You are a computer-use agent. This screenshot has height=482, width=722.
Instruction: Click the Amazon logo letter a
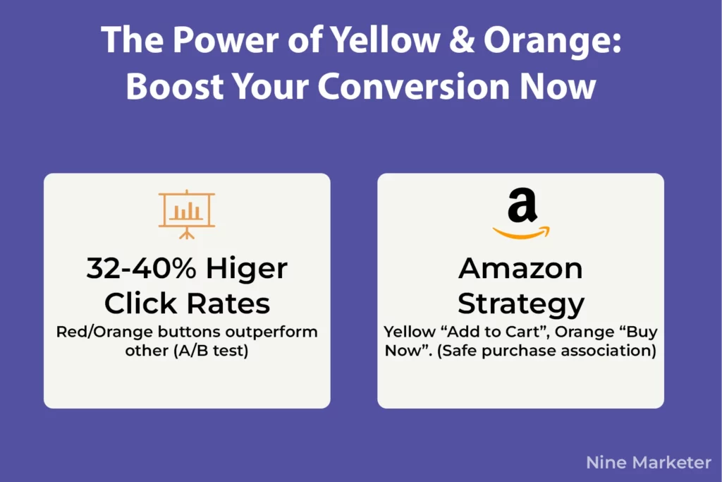pos(522,206)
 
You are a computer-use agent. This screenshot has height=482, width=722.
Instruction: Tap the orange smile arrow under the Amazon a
pos(521,231)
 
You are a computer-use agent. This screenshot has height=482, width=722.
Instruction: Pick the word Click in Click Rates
pos(141,303)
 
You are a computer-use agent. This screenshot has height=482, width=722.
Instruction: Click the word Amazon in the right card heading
pos(520,269)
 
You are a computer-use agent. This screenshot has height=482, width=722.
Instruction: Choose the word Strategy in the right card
pos(520,303)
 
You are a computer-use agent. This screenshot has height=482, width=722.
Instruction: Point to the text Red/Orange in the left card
pos(94,332)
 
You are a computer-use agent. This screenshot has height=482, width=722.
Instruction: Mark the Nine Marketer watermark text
pos(648,463)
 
